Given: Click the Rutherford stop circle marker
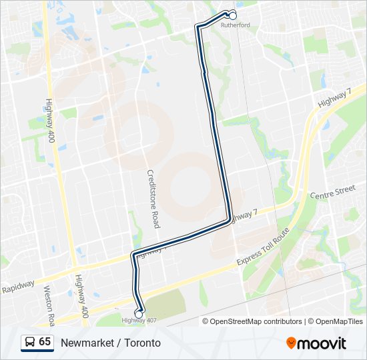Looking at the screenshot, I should tap(233, 15).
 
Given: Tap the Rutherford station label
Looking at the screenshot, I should tap(235, 25).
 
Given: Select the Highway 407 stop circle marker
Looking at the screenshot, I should tap(139, 313).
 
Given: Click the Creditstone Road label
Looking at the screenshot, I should tap(153, 198).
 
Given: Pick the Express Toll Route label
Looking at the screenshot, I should tap(263, 247).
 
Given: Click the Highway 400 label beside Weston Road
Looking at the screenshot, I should tap(82, 297).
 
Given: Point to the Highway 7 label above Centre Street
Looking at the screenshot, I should tap(334, 99).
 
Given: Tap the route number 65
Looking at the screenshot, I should tap(45, 341).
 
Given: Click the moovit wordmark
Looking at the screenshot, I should tap(322, 343).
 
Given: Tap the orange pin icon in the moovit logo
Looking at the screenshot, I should tap(291, 343).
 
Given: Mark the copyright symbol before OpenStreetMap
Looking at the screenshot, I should tap(206, 321).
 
